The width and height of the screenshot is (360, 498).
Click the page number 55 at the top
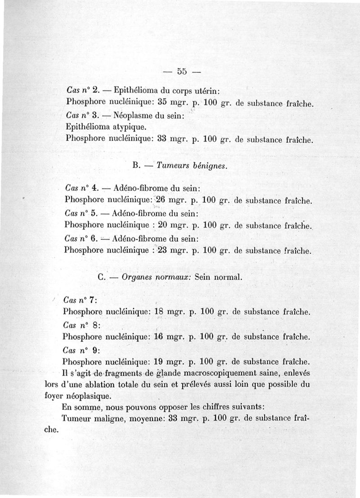(182, 71)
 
